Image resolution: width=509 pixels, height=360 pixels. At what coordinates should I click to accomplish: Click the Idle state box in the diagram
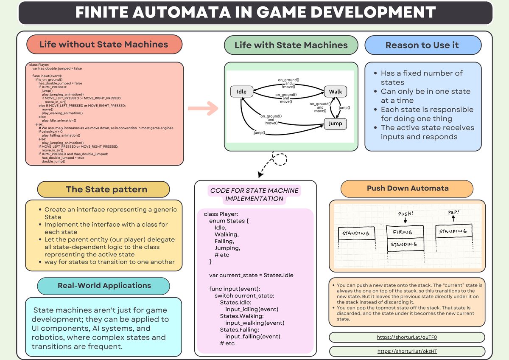(241, 91)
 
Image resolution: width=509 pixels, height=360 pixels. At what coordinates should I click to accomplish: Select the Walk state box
(335, 91)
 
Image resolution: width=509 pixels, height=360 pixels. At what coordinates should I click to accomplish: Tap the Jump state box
(335, 124)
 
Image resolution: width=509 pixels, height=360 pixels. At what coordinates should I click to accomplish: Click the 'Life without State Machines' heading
(104, 45)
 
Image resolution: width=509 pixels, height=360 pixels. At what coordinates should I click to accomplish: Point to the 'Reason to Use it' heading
(422, 45)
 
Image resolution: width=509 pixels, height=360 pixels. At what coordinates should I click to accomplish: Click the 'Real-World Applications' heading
(104, 286)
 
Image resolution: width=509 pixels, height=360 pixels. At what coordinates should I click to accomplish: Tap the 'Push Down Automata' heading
(407, 188)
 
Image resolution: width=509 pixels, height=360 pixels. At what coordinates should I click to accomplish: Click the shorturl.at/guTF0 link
(407, 337)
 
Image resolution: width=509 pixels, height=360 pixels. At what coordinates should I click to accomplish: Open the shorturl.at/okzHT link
(407, 352)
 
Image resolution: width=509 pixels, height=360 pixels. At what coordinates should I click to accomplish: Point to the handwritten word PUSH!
(406, 214)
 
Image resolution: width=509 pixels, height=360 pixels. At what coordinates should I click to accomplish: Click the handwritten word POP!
(453, 212)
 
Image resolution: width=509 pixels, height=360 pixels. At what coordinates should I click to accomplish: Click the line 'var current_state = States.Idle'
(251, 275)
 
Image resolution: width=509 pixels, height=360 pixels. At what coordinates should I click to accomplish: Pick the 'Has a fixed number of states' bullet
(421, 78)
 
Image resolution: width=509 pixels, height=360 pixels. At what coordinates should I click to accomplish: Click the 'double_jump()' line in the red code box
(53, 161)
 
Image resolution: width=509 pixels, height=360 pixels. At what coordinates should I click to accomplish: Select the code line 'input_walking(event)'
(255, 323)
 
